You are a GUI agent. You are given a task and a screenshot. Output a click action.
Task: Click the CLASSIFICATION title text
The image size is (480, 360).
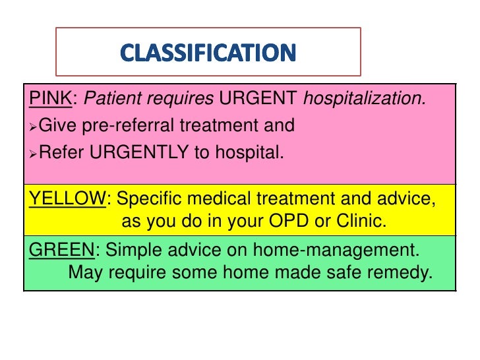point(208,52)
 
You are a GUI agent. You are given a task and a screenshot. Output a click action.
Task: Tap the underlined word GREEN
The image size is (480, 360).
point(61,250)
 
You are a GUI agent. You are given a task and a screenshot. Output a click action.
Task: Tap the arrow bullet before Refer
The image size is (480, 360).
point(34,154)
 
